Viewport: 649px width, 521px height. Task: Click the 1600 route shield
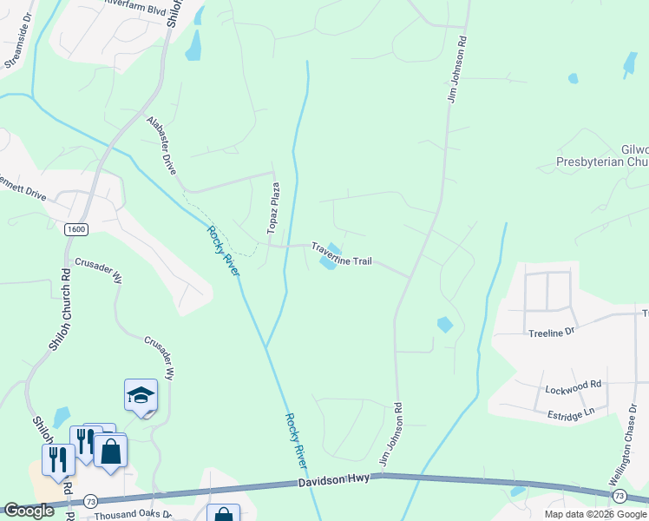[x=75, y=229]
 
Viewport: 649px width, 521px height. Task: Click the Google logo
[x=29, y=511]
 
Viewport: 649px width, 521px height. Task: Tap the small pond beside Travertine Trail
[x=329, y=260]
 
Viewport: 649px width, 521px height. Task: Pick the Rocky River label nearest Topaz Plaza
[x=223, y=251]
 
